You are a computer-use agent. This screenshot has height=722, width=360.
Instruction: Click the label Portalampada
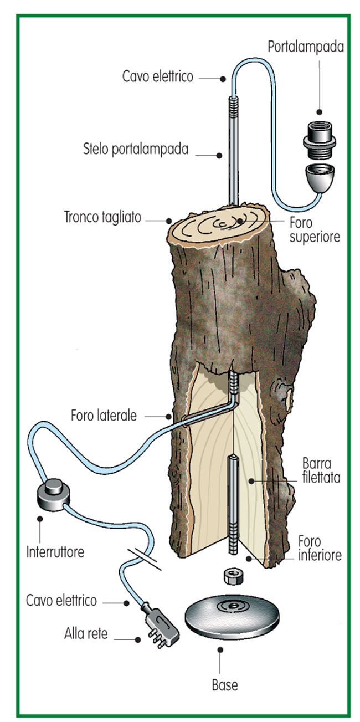[x=306, y=47]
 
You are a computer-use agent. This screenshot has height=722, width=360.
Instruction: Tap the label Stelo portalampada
[x=136, y=149]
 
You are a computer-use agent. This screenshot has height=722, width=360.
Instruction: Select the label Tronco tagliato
[x=103, y=217]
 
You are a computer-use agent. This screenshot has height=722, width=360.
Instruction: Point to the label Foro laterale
[x=104, y=416]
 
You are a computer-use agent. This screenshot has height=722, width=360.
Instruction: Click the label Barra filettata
[x=321, y=470]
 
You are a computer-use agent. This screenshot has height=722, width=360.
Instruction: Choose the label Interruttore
[x=55, y=552]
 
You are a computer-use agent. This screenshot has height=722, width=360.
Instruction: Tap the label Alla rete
[x=86, y=634]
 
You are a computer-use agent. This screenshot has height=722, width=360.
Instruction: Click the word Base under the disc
[x=225, y=685]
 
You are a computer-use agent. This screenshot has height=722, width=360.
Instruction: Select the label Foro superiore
[x=315, y=230]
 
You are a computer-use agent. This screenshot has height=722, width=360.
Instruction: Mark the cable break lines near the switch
[x=144, y=559]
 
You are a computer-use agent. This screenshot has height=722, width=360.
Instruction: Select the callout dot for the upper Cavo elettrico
[x=223, y=78]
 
